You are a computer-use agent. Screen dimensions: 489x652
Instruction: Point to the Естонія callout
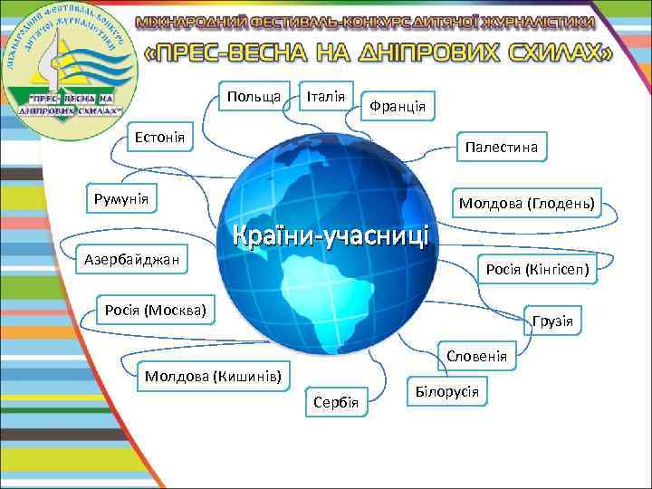tap(161, 138)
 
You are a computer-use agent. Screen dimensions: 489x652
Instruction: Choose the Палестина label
tap(500, 147)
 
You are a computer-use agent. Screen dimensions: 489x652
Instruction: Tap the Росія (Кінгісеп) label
tap(538, 269)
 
